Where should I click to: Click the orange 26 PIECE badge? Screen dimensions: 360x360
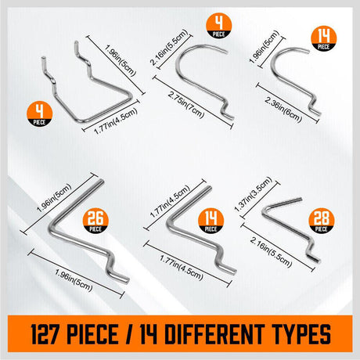[95, 221]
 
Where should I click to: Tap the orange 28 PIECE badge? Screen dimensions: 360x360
[321, 221]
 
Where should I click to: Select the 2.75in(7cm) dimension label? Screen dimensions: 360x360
[185, 105]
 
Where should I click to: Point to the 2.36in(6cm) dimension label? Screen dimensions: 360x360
[283, 109]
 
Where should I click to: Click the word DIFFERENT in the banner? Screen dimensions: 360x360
[214, 334]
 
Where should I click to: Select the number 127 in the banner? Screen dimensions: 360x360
[45, 334]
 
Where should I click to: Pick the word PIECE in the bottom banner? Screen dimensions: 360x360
[92, 334]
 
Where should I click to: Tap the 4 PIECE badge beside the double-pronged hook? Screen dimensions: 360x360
[40, 114]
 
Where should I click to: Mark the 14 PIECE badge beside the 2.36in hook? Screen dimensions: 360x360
[324, 38]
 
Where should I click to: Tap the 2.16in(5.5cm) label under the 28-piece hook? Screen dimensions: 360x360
[271, 252]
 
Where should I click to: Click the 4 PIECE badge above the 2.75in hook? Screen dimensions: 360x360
[219, 26]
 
